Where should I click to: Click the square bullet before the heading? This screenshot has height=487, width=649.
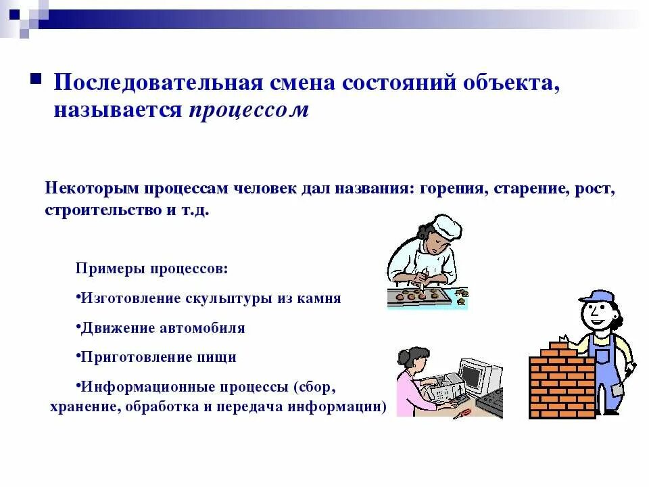point(37,79)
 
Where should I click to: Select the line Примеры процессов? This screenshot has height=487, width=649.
point(151,269)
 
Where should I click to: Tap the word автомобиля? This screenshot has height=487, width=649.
point(202,328)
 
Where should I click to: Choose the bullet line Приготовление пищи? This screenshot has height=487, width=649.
point(158,357)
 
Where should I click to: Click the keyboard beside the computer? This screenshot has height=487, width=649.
point(490,402)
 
